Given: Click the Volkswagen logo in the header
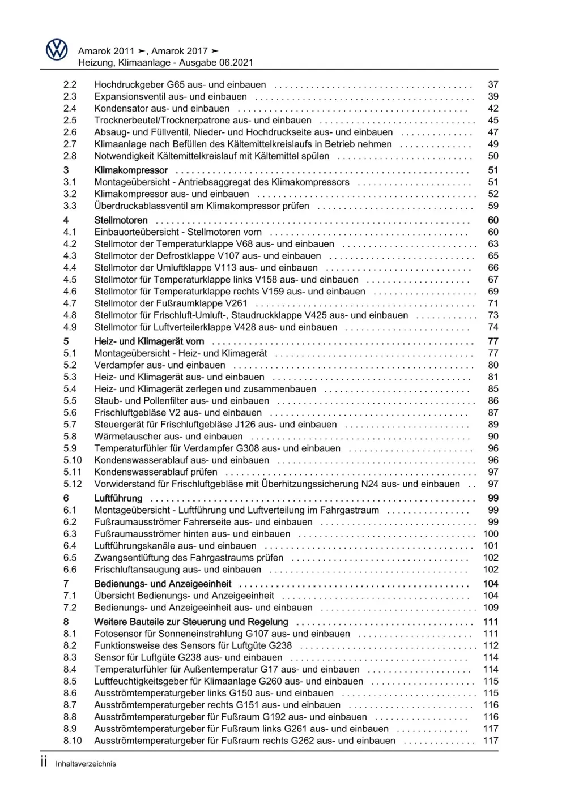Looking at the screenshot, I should (57, 50).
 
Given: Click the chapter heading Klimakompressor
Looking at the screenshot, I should (131, 170).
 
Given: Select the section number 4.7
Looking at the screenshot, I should (70, 303).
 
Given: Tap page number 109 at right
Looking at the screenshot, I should (490, 608).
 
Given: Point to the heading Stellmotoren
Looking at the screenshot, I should (121, 220).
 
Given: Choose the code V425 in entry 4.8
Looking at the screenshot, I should (316, 315).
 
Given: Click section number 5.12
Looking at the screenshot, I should (73, 484).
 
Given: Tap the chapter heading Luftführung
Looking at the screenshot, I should (118, 498).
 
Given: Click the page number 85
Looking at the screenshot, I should (493, 389).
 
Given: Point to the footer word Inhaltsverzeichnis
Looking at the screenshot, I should (86, 764).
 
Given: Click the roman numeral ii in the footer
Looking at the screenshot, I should (44, 762).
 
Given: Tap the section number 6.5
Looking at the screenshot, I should (70, 558).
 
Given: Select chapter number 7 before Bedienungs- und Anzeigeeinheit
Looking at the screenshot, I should (66, 584).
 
